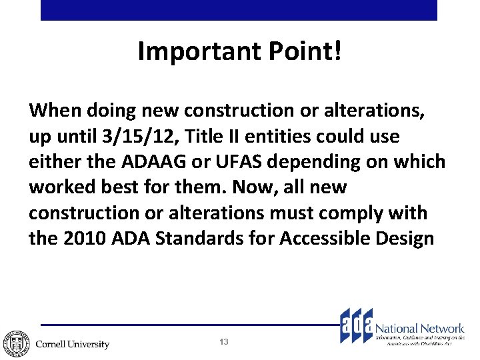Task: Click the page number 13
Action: pos(224,342)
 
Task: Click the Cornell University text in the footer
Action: pos(72,344)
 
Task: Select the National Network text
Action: pos(420,328)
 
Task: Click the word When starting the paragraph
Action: pos(51,109)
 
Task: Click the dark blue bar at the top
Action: pos(239,10)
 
